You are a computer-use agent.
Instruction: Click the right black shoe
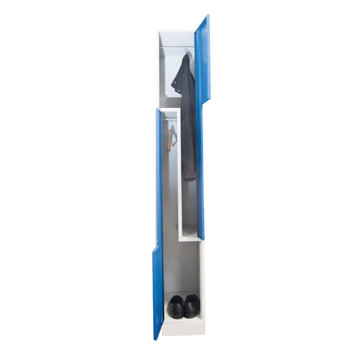[191, 305]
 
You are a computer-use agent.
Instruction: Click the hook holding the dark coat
[185, 50]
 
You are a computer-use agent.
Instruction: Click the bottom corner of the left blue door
[156, 337]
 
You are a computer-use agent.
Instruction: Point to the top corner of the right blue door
[208, 17]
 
